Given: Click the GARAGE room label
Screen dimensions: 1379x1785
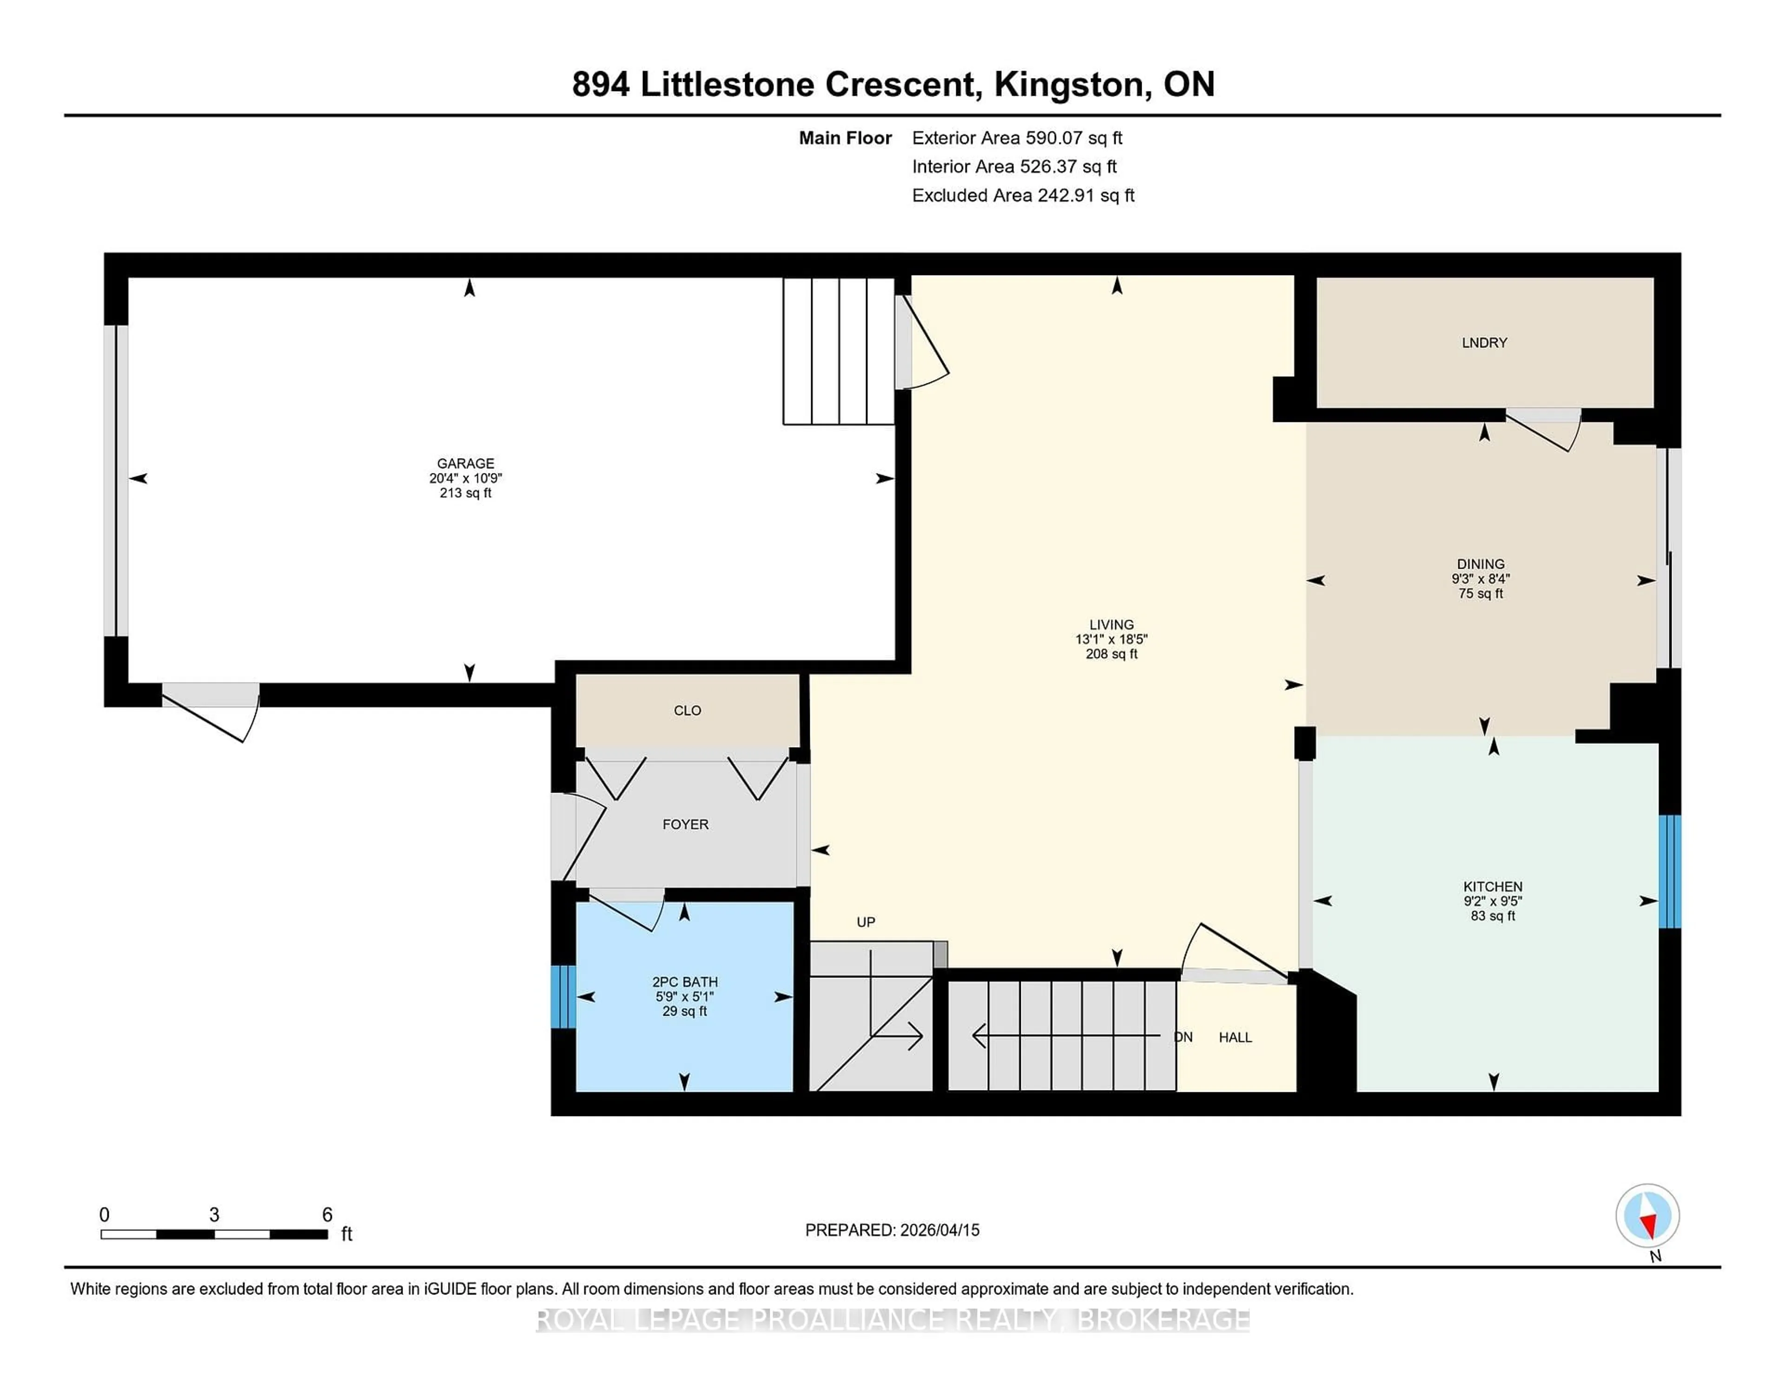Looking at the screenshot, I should [465, 463].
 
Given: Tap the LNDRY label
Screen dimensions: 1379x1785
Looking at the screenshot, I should [1484, 343].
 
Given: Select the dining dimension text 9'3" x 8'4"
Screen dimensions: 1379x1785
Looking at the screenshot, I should [1480, 578].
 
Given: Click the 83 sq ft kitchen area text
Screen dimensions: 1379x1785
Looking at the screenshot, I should [1493, 916].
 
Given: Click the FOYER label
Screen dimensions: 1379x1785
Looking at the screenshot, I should [685, 824].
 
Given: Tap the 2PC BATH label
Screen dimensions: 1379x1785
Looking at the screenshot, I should [685, 982].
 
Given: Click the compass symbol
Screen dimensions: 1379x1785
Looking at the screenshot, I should [1647, 1215].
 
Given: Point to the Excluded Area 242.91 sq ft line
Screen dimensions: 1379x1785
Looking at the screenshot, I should [1023, 195].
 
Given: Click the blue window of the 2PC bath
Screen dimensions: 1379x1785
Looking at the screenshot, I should [563, 997].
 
